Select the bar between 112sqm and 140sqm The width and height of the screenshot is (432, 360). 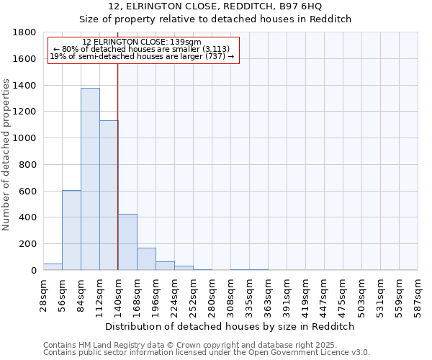[x=109, y=195]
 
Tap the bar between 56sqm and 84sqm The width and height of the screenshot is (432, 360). [x=71, y=230]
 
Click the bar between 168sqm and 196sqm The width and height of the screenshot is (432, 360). [x=146, y=258]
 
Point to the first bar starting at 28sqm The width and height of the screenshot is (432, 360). [x=53, y=266]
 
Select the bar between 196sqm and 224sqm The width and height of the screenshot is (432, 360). [x=165, y=266]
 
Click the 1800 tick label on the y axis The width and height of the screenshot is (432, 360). [x=24, y=32]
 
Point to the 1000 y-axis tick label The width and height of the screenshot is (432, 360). [x=24, y=138]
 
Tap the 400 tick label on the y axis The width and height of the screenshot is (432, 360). [x=27, y=217]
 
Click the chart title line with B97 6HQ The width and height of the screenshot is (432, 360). [x=216, y=6]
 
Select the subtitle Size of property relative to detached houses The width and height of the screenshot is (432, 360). [x=216, y=19]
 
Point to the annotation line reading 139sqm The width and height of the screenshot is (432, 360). [x=142, y=42]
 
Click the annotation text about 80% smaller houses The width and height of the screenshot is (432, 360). [x=142, y=49]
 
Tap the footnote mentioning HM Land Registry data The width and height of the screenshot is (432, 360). [x=206, y=345]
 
